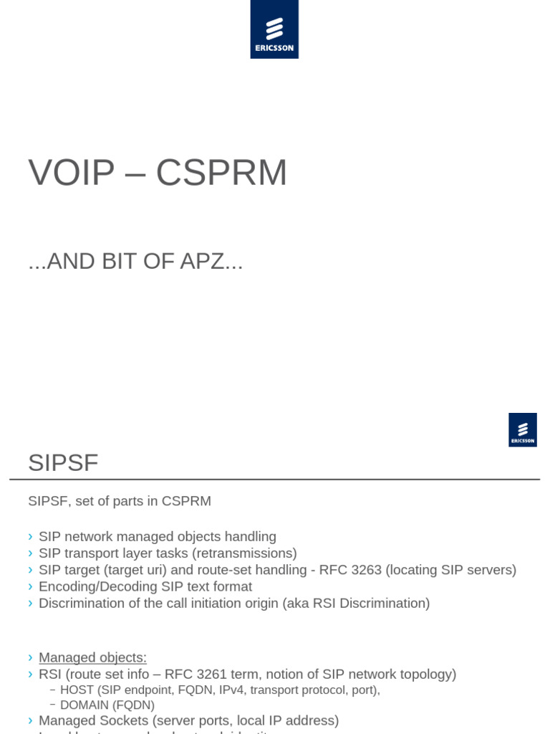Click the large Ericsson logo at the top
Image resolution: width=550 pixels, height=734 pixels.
pos(274,29)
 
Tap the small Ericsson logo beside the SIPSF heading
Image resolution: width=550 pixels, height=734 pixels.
pos(523,430)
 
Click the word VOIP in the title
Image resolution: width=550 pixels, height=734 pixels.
pos(72,173)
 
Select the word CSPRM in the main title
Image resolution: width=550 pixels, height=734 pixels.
pos(221,173)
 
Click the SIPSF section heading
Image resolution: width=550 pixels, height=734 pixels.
pos(63,463)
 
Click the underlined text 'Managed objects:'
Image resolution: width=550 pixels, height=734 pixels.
pos(92,657)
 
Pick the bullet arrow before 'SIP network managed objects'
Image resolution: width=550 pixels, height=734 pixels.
pos(31,537)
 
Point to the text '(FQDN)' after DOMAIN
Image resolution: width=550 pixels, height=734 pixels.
pos(133,705)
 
